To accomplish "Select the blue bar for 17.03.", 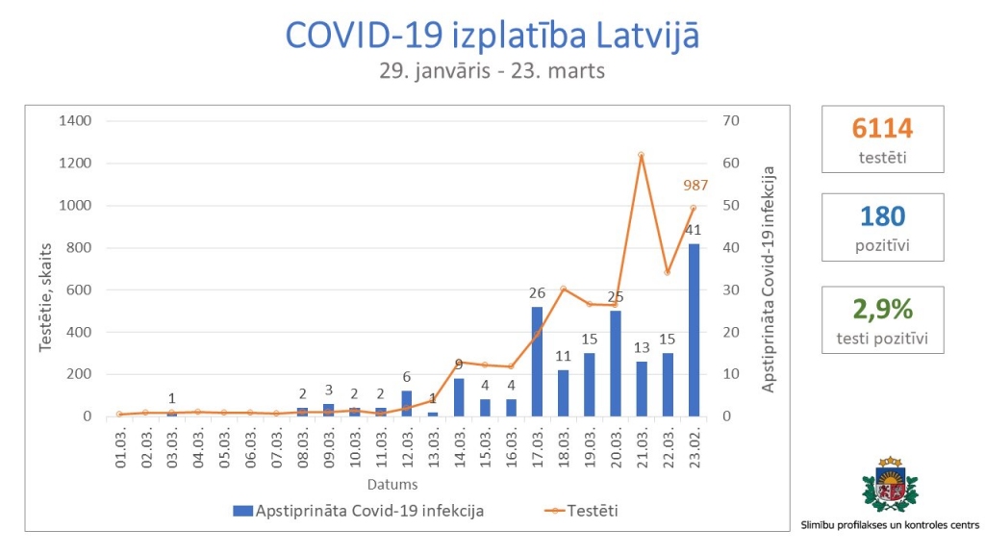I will pos(537,362).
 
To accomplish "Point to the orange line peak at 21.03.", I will pos(641,155).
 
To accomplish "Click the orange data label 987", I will pos(696,186).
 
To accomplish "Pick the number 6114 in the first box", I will pos(882,129).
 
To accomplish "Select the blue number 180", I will pos(882,217).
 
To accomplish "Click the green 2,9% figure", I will pos(882,309).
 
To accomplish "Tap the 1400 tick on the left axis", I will pos(77,121).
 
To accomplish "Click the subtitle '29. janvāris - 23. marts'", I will pos(492,72).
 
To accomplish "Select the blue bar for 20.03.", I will pos(615,364).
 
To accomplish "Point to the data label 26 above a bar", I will pos(537,293).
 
